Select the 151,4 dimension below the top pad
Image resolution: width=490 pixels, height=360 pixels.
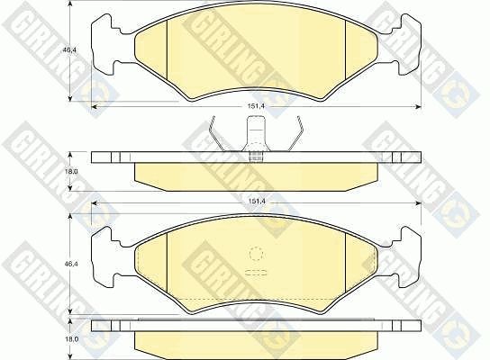tap(256, 106)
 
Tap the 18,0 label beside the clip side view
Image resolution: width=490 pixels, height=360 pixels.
tap(69, 171)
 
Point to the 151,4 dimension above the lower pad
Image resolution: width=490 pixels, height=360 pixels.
tap(256, 201)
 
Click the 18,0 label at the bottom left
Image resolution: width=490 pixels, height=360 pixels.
tap(69, 339)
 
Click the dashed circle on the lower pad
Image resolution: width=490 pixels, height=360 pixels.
tap(256, 254)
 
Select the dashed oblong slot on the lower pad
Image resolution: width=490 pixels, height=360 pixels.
tap(256, 273)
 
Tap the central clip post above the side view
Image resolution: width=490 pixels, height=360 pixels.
tap(256, 138)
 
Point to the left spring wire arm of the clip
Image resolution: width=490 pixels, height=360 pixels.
tap(219, 134)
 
